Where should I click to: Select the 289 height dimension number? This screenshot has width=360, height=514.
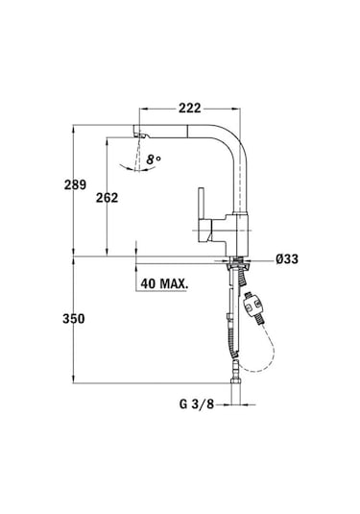pos(88,184)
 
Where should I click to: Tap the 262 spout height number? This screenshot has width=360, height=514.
pos(120,197)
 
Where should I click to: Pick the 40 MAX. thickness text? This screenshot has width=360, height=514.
pos(164,284)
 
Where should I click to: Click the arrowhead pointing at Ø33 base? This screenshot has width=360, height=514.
pos(252,257)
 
